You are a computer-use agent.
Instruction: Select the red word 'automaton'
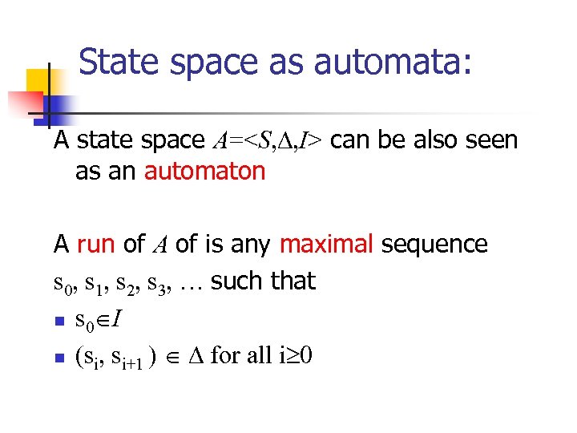205,171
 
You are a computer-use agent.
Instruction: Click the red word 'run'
97,243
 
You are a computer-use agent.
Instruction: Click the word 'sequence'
434,243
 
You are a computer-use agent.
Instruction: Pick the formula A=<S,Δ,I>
268,140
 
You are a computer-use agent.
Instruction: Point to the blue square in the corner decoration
59,105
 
